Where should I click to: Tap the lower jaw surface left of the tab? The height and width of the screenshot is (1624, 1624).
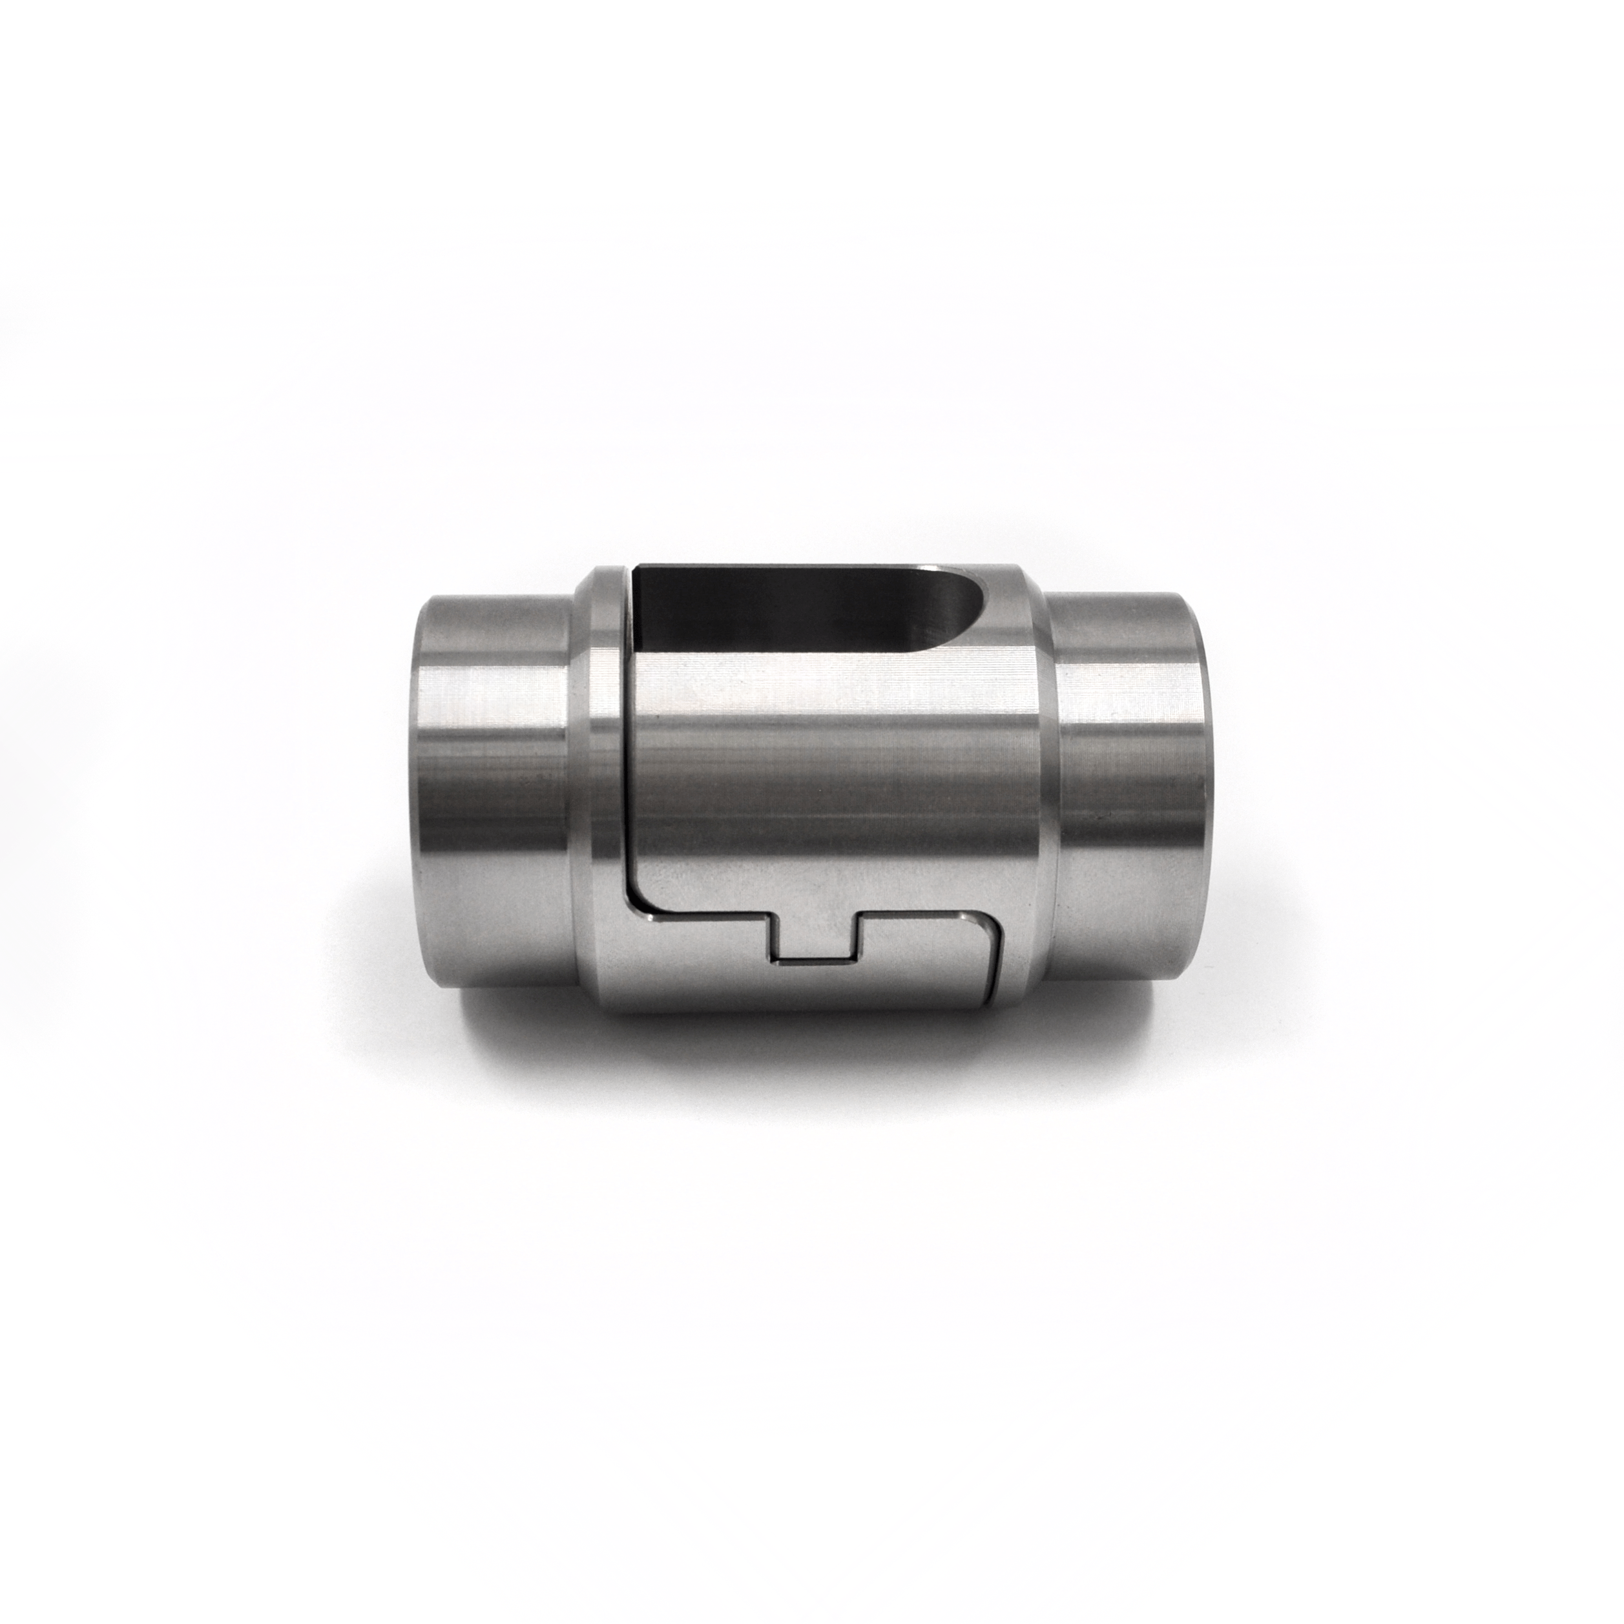click(698, 966)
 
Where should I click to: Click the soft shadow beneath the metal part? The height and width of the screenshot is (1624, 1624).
click(807, 1051)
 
